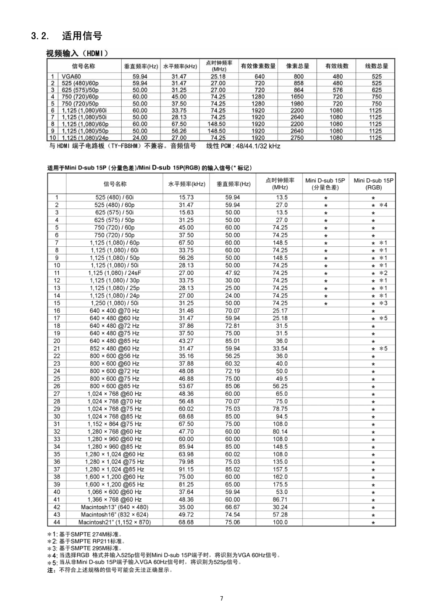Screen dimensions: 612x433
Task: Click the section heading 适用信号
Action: [x=82, y=36]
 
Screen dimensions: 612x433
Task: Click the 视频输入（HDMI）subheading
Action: [x=77, y=54]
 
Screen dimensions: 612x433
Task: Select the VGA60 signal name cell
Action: [x=71, y=76]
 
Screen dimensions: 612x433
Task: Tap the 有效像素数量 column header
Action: [x=258, y=66]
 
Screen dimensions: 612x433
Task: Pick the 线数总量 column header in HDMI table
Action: [x=376, y=66]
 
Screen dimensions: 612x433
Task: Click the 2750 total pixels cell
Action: [x=297, y=138]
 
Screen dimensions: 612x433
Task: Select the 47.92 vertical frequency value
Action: [x=232, y=273]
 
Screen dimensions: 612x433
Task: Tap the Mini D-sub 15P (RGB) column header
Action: [x=373, y=184]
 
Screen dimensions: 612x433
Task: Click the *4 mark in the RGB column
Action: [x=383, y=205]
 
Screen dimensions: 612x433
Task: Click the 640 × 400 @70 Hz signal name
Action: [x=114, y=311]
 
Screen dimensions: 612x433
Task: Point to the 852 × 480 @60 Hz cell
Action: [x=114, y=349]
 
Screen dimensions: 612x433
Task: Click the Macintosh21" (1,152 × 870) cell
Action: [x=114, y=522]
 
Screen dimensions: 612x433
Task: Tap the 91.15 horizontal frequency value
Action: [x=186, y=469]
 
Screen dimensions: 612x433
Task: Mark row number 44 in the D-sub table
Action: [x=57, y=522]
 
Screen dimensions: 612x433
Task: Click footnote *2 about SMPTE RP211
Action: [x=86, y=541]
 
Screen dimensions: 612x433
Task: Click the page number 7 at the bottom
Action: [x=222, y=598]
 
